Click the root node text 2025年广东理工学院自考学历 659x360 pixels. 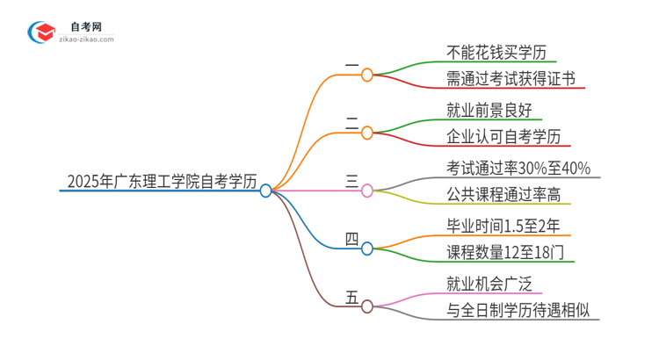(x=162, y=183)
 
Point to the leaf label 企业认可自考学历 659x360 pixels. (x=503, y=138)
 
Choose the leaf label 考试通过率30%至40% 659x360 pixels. (x=518, y=167)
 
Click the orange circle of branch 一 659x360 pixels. (x=367, y=75)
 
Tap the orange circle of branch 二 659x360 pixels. (x=367, y=133)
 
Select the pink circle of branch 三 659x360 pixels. (x=367, y=190)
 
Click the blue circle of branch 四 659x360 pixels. (x=367, y=248)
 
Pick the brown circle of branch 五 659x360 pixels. (x=367, y=306)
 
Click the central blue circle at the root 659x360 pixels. (x=266, y=190)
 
